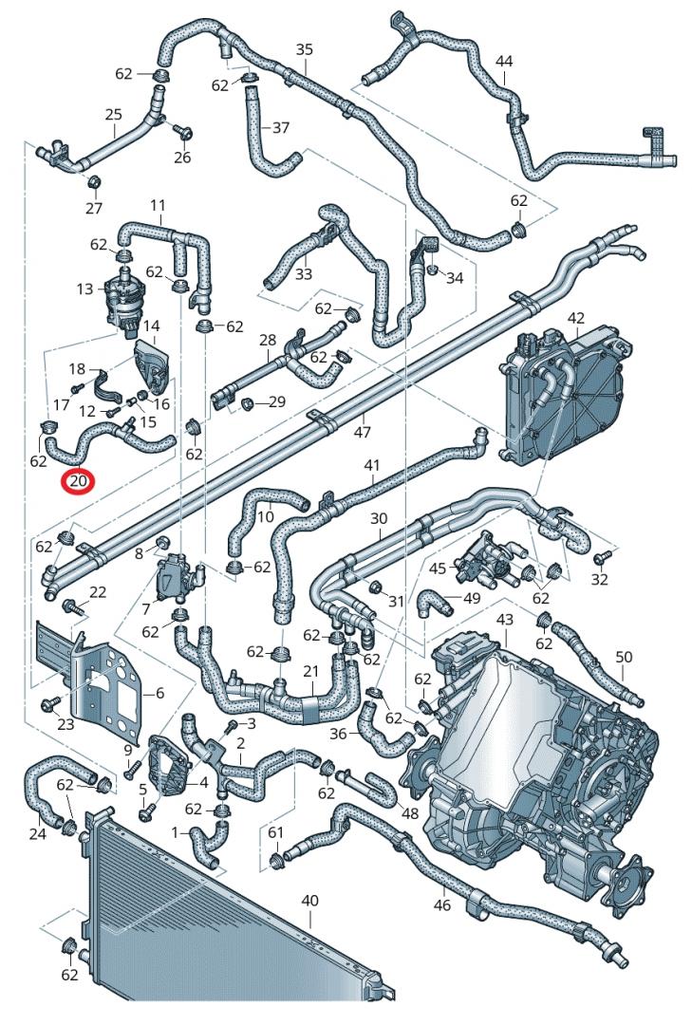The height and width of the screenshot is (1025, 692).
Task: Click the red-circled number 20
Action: (78, 482)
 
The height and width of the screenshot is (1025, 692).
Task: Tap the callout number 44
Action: (504, 62)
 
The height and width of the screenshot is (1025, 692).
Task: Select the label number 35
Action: (304, 49)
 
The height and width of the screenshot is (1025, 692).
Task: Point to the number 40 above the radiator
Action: (309, 900)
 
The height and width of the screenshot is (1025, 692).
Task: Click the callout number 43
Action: (504, 619)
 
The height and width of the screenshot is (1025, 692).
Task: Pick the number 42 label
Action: (575, 317)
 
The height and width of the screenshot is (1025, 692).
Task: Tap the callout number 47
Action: (362, 432)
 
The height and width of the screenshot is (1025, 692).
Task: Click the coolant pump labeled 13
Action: (120, 295)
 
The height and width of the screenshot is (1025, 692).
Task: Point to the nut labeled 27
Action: (95, 182)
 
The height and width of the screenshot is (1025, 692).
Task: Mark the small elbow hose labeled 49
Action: (434, 601)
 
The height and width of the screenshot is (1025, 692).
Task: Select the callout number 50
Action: (623, 657)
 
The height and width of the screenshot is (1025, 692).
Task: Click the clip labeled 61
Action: (277, 860)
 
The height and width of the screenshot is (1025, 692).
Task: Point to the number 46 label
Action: (442, 905)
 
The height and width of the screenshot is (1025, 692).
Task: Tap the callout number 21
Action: (310, 672)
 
